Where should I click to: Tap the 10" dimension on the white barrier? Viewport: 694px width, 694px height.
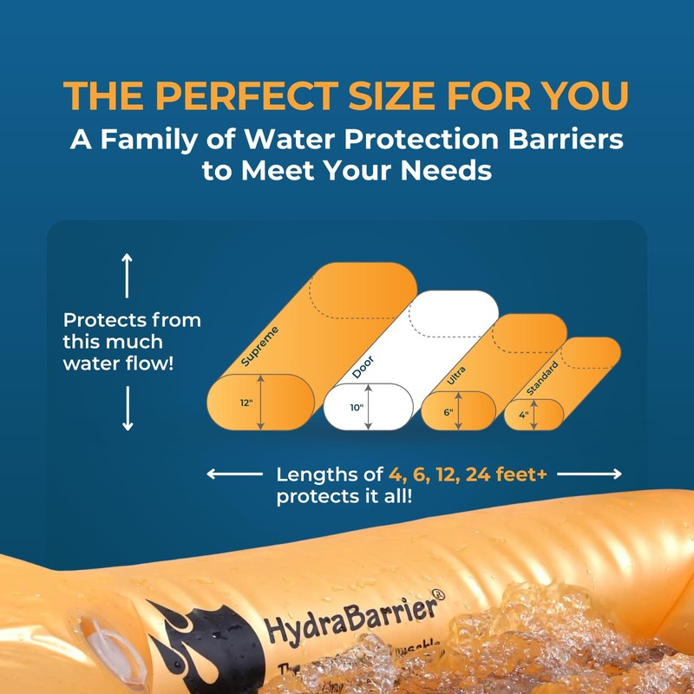click(x=356, y=406)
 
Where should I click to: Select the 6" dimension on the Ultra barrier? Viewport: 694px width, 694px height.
click(x=448, y=411)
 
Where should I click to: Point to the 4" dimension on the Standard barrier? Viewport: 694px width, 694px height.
click(x=524, y=414)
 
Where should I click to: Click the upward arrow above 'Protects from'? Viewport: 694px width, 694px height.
click(x=128, y=276)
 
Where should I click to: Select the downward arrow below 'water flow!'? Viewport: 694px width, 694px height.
click(x=128, y=408)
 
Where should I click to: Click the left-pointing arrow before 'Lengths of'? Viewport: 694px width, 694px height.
click(x=234, y=474)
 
